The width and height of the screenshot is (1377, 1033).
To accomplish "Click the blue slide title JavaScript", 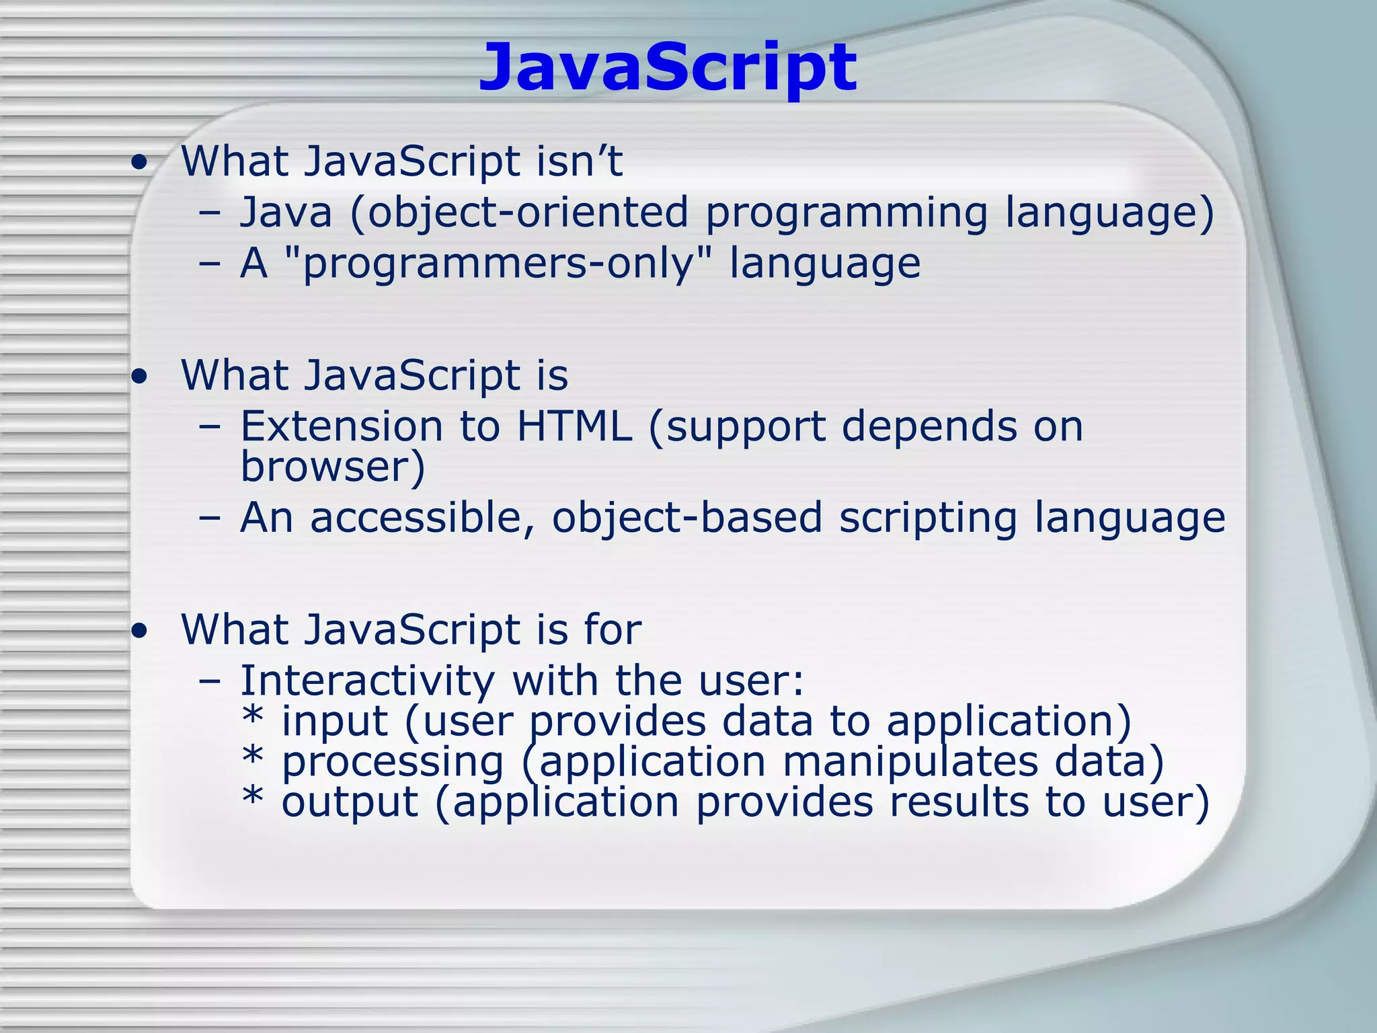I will click(667, 67).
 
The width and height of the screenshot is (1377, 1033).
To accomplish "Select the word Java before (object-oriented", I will click(286, 212).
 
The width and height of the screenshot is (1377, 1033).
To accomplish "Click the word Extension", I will click(341, 426).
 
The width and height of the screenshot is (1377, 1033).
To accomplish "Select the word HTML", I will click(574, 426).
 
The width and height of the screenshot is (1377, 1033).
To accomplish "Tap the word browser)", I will click(333, 467).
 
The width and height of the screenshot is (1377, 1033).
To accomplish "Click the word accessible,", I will click(422, 518).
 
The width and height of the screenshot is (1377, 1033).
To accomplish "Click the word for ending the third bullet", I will click(613, 629).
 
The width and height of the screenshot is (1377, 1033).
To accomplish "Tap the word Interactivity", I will click(367, 681).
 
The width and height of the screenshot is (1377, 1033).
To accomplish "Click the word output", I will click(350, 803).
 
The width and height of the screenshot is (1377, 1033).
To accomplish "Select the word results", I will click(959, 802).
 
